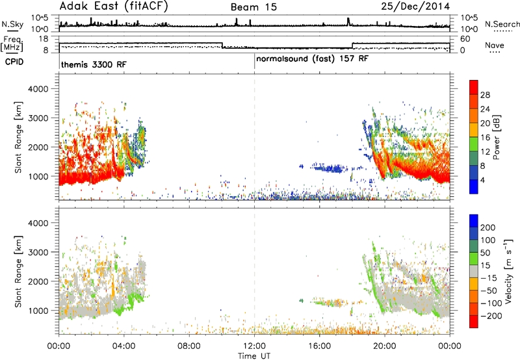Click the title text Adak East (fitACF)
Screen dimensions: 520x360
click(113, 6)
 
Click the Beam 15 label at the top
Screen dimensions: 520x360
click(253, 7)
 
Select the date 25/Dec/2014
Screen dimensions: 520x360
click(415, 6)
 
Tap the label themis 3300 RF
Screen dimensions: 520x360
click(94, 64)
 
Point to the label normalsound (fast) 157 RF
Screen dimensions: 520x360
click(312, 59)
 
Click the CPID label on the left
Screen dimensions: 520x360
click(14, 62)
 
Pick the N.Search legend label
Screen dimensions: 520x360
click(502, 24)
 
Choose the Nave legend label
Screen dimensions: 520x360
click(495, 45)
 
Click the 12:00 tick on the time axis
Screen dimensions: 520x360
click(254, 346)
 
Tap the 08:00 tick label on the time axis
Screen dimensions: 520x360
click(189, 346)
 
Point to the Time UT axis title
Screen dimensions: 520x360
click(254, 356)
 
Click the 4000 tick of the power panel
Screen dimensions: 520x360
click(38, 89)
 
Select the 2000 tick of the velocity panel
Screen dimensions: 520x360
click(38, 281)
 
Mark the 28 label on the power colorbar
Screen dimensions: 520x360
click(485, 95)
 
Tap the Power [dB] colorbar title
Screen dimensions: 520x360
click(496, 137)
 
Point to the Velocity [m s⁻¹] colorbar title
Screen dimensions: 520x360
click(508, 271)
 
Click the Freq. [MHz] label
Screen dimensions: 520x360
click(12, 44)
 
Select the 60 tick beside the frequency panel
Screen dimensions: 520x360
click(465, 39)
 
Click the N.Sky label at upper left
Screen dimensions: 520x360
click(12, 24)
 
